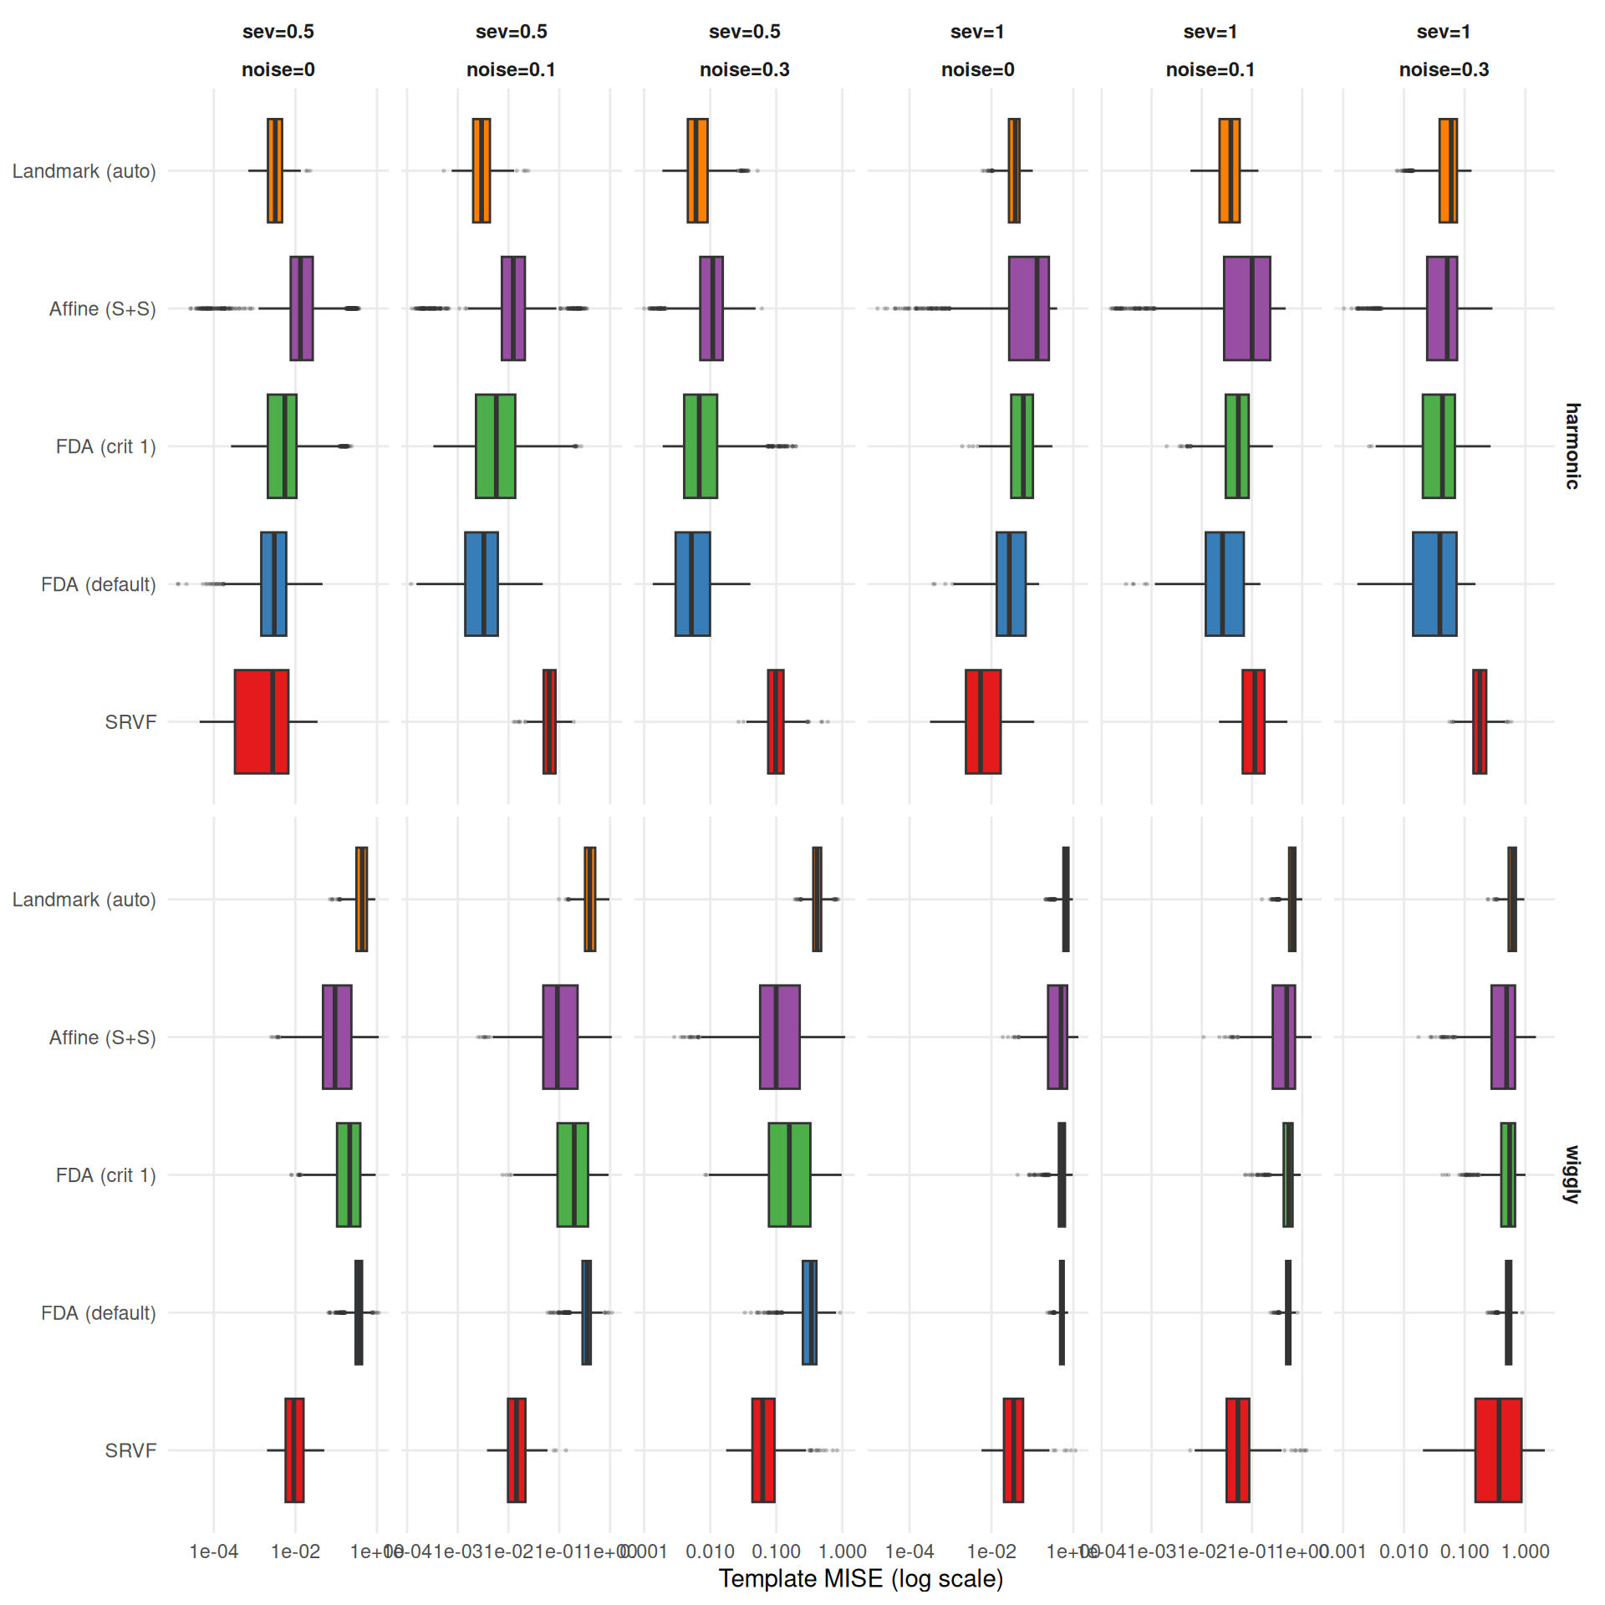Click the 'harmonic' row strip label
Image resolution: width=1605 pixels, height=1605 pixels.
[x=1572, y=446]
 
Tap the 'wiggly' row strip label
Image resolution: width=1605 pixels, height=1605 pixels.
[x=1572, y=1174]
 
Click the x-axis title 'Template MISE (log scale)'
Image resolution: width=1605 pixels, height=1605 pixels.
[x=860, y=1578]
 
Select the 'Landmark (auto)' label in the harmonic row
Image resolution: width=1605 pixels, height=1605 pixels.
[x=84, y=171]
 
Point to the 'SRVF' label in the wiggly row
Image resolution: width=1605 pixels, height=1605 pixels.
[x=130, y=1450]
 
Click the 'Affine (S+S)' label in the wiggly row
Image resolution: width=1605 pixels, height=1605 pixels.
[x=102, y=1037]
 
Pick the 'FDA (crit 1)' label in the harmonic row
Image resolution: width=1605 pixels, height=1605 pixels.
[x=105, y=446]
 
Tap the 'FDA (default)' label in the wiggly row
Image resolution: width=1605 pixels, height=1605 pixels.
[x=98, y=1312]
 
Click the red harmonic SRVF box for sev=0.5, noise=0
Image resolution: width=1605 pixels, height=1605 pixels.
[x=261, y=721]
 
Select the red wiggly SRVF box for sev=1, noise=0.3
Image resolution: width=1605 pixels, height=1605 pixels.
[x=1497, y=1450]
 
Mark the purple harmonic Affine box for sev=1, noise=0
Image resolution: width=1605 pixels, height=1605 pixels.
[x=1028, y=308]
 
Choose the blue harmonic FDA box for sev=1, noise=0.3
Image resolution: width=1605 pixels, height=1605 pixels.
[x=1434, y=583]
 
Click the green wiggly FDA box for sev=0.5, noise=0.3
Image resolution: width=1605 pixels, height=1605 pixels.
[x=789, y=1174]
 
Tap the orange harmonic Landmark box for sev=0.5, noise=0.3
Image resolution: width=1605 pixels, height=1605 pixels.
[x=697, y=171]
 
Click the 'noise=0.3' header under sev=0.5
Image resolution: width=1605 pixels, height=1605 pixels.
[x=744, y=69]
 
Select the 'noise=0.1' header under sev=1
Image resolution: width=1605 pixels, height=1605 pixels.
[x=1210, y=69]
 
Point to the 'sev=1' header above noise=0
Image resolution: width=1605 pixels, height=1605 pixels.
[x=977, y=32]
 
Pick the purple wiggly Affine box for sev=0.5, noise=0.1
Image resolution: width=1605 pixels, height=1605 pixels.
[x=560, y=1037]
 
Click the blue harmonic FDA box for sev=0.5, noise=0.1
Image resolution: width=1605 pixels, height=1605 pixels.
[x=481, y=583]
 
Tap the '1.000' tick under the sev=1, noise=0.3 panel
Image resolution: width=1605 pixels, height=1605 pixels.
[x=1525, y=1551]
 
